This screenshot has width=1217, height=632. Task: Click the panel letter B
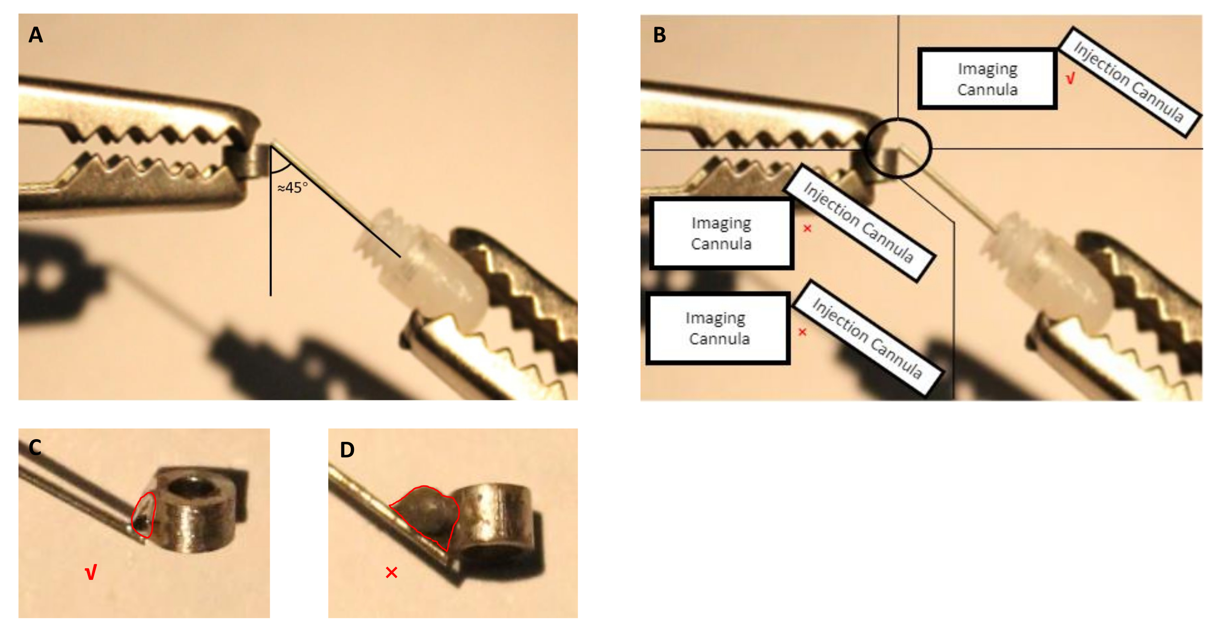tap(659, 35)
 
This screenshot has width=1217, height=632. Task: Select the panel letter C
tap(35, 447)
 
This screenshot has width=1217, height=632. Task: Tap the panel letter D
tap(347, 450)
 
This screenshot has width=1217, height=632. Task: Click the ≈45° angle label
tap(292, 188)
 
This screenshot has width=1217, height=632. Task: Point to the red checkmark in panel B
tap(1070, 78)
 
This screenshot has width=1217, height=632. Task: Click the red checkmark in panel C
tap(90, 572)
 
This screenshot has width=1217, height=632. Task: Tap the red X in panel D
tap(391, 572)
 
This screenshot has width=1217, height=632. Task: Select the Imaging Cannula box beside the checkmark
tap(987, 79)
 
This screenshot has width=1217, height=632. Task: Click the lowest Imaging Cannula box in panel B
tap(718, 328)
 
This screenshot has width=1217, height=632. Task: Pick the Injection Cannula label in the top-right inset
tap(1129, 82)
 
